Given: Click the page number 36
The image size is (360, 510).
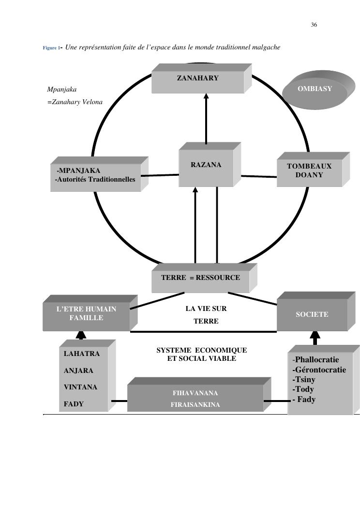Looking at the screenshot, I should coord(314,25).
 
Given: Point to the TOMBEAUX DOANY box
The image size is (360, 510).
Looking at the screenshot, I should coord(309,171).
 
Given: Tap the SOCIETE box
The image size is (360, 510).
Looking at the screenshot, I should coord(312,315).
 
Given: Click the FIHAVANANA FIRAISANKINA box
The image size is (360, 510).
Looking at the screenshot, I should coord(195,399).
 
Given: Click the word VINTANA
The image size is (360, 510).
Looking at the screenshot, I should coord(80,387).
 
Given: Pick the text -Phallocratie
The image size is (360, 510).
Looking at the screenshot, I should coord(315,360).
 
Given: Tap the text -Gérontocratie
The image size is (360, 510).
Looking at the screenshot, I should coord(319,370).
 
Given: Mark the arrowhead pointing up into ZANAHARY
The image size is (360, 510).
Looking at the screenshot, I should coord(206,96).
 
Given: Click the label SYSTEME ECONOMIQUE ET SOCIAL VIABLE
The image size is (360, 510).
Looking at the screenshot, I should coord(201,354).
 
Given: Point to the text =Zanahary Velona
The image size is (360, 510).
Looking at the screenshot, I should coord(75,102).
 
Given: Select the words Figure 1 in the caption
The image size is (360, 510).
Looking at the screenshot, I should coord(50,48).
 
